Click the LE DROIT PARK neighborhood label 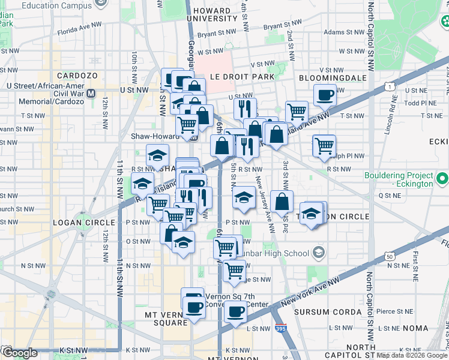(242, 77)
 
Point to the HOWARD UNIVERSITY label (212, 14)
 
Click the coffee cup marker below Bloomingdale (325, 94)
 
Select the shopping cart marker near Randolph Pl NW (324, 145)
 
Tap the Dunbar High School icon (318, 251)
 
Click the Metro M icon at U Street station (91, 94)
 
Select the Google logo (19, 353)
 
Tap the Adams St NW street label (342, 32)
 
